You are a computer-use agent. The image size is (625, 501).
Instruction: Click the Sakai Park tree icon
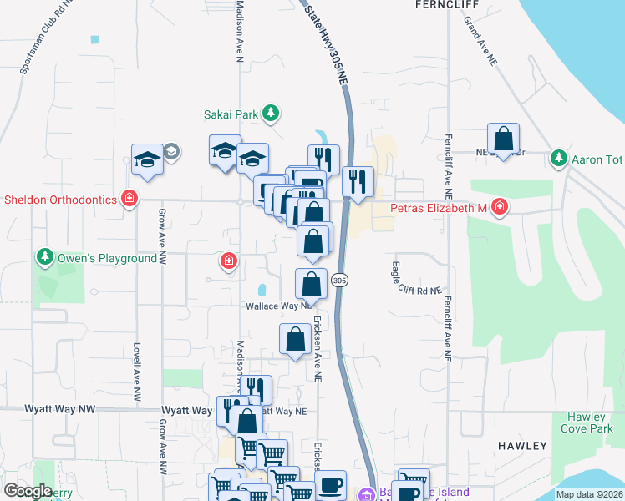pos(270,114)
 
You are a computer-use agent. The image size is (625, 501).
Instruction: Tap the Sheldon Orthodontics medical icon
pos(129,199)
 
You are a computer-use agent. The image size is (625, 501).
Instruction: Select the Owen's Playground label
pos(106,259)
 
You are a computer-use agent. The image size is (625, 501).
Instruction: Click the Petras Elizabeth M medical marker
pos(499,206)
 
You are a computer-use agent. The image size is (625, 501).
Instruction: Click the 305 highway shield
pos(339,280)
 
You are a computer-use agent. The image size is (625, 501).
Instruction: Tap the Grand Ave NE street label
pos(482,47)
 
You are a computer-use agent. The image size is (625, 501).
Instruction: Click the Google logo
pos(28,491)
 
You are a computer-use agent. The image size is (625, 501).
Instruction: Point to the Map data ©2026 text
pos(589,494)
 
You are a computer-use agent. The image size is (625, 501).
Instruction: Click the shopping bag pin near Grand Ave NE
pos(504,139)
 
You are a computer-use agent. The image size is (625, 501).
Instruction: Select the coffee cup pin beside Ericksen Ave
pos(330,485)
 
